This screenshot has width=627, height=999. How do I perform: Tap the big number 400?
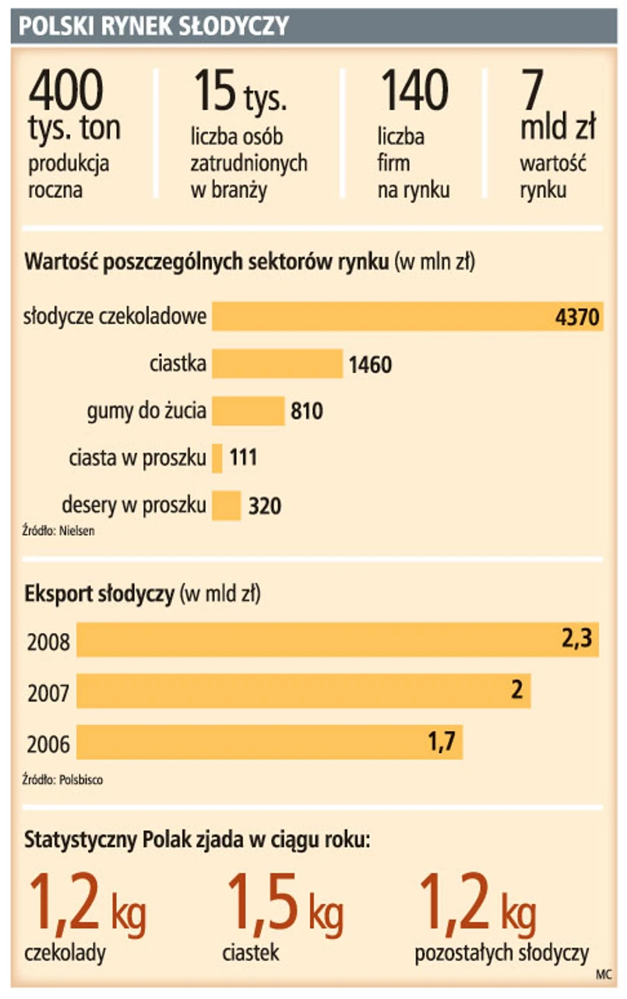[x=65, y=90]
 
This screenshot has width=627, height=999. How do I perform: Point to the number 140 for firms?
[x=414, y=90]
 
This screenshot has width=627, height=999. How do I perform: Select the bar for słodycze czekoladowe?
[x=407, y=316]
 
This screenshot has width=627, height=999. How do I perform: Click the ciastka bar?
[x=277, y=364]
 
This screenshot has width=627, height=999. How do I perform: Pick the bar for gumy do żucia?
[x=248, y=410]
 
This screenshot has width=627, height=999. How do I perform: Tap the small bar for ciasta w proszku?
[x=217, y=458]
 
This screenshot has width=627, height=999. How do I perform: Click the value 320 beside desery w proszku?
[x=265, y=506]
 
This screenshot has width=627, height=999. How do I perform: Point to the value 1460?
[x=370, y=364]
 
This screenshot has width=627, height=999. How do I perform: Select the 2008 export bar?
[x=336, y=641]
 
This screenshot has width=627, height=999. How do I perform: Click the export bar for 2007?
[x=303, y=691]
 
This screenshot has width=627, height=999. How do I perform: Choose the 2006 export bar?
[x=269, y=741]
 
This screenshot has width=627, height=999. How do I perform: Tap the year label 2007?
[x=48, y=692]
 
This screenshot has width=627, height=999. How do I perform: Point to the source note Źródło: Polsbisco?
[x=62, y=778]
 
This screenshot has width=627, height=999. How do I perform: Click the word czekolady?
[x=65, y=953]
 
